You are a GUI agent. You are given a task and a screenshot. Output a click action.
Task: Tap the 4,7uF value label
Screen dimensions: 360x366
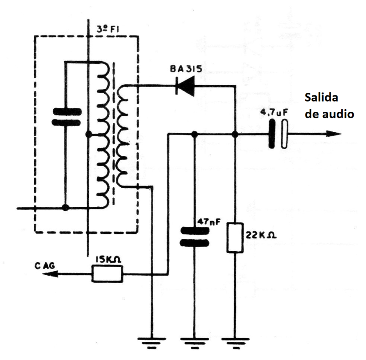277,115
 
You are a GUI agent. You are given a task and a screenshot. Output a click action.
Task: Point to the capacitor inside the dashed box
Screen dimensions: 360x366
66,117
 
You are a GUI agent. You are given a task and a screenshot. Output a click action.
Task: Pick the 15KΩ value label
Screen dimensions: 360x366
107,261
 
